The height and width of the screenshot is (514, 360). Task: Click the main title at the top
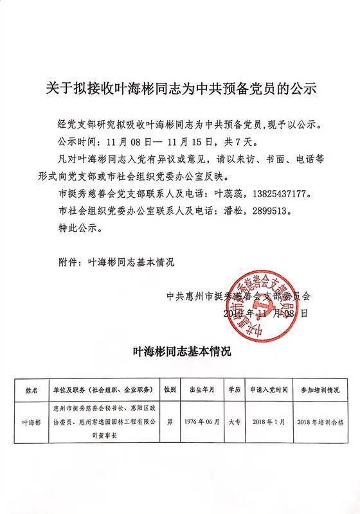[180, 89]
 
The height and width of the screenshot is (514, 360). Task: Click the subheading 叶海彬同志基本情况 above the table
[180, 351]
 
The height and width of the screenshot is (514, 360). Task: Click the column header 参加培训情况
[319, 390]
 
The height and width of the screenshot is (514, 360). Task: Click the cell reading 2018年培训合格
[319, 423]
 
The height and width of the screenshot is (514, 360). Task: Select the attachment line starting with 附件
[116, 262]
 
